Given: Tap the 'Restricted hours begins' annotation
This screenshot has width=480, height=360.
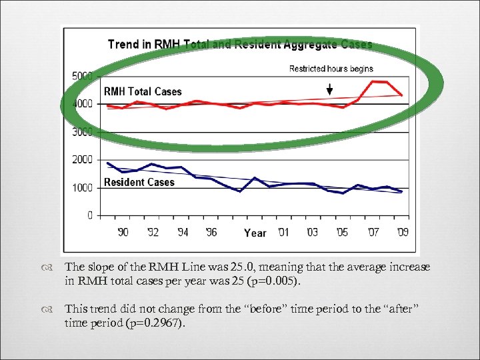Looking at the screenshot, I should coord(331,69).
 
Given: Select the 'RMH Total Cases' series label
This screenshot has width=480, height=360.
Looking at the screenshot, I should coord(142,91).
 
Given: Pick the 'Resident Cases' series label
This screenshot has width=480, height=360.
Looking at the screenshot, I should coord(139,182).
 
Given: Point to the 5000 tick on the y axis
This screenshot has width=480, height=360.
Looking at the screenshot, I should coord(82,76).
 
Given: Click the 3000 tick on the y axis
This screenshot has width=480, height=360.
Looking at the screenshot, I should coord(82,132).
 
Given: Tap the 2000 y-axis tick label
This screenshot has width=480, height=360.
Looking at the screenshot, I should coord(82,160).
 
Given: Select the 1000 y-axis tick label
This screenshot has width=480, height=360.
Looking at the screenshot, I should coord(82,188).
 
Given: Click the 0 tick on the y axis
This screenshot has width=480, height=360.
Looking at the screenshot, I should coord(89,216).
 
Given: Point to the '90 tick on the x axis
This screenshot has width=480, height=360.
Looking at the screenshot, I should coord(123,233).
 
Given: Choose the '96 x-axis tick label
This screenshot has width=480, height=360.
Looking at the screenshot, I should coord(210,233).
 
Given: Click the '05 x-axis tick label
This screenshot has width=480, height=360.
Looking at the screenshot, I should coord(341,233).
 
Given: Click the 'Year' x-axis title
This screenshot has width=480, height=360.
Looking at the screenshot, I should coord(255,233).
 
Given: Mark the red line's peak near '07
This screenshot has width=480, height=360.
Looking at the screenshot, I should coord(374,81).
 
